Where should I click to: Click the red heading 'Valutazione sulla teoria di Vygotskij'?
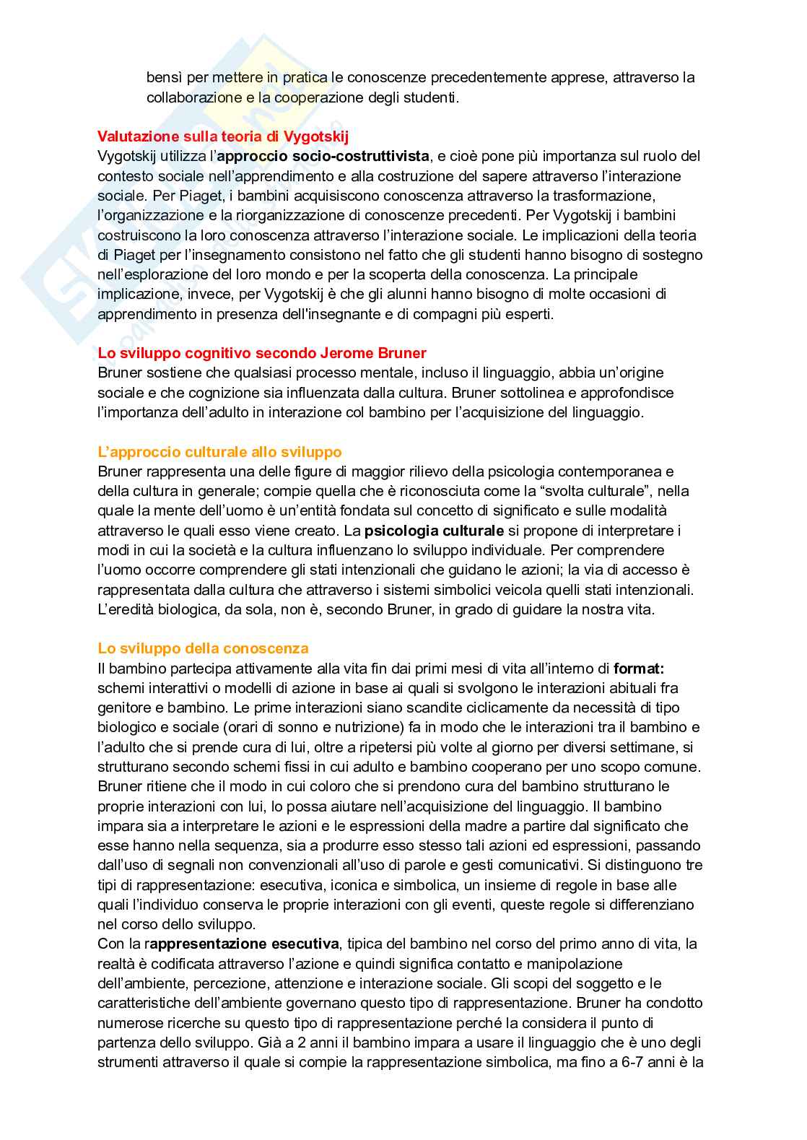tap(224, 136)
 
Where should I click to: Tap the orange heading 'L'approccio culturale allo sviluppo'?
tap(219, 452)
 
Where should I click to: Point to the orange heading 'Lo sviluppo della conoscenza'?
tap(203, 648)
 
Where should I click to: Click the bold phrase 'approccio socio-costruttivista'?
tap(323, 156)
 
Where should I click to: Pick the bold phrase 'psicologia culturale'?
tap(434, 531)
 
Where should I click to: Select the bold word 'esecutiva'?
tap(304, 944)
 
